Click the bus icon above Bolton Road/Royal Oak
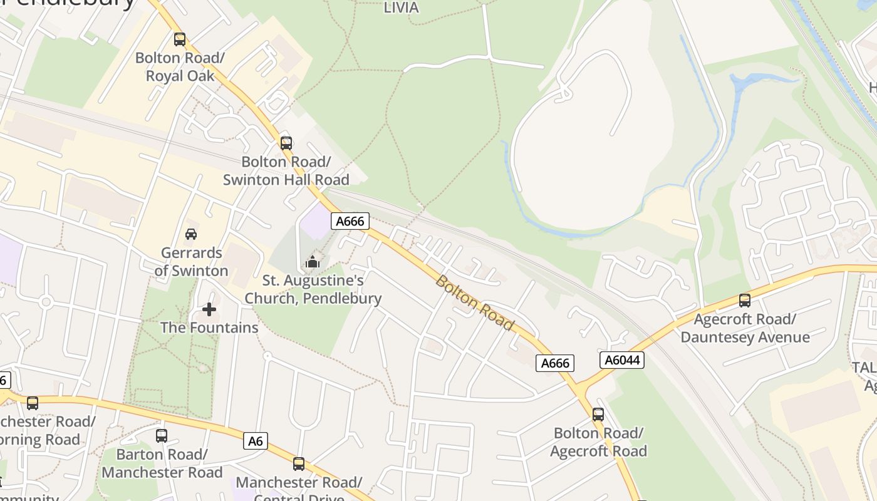tap(180, 39)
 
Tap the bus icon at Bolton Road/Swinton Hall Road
tap(286, 143)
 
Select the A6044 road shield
tap(621, 359)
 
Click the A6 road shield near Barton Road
tap(255, 441)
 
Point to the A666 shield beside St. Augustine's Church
tap(350, 221)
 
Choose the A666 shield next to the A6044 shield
tap(554, 363)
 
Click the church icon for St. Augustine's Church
tap(313, 262)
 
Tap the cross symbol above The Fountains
tap(209, 309)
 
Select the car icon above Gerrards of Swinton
tap(191, 234)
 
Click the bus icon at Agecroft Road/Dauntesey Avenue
tap(745, 301)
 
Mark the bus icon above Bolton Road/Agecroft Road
tap(598, 415)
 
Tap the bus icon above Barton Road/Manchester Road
tap(162, 435)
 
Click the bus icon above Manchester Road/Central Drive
tap(299, 464)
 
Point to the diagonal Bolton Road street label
tap(474, 303)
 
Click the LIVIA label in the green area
tap(401, 8)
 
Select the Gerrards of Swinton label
tap(192, 262)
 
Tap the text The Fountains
tap(209, 328)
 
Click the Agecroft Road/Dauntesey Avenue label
tap(745, 328)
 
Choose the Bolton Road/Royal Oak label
tap(180, 67)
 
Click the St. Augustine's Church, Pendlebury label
tap(313, 289)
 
